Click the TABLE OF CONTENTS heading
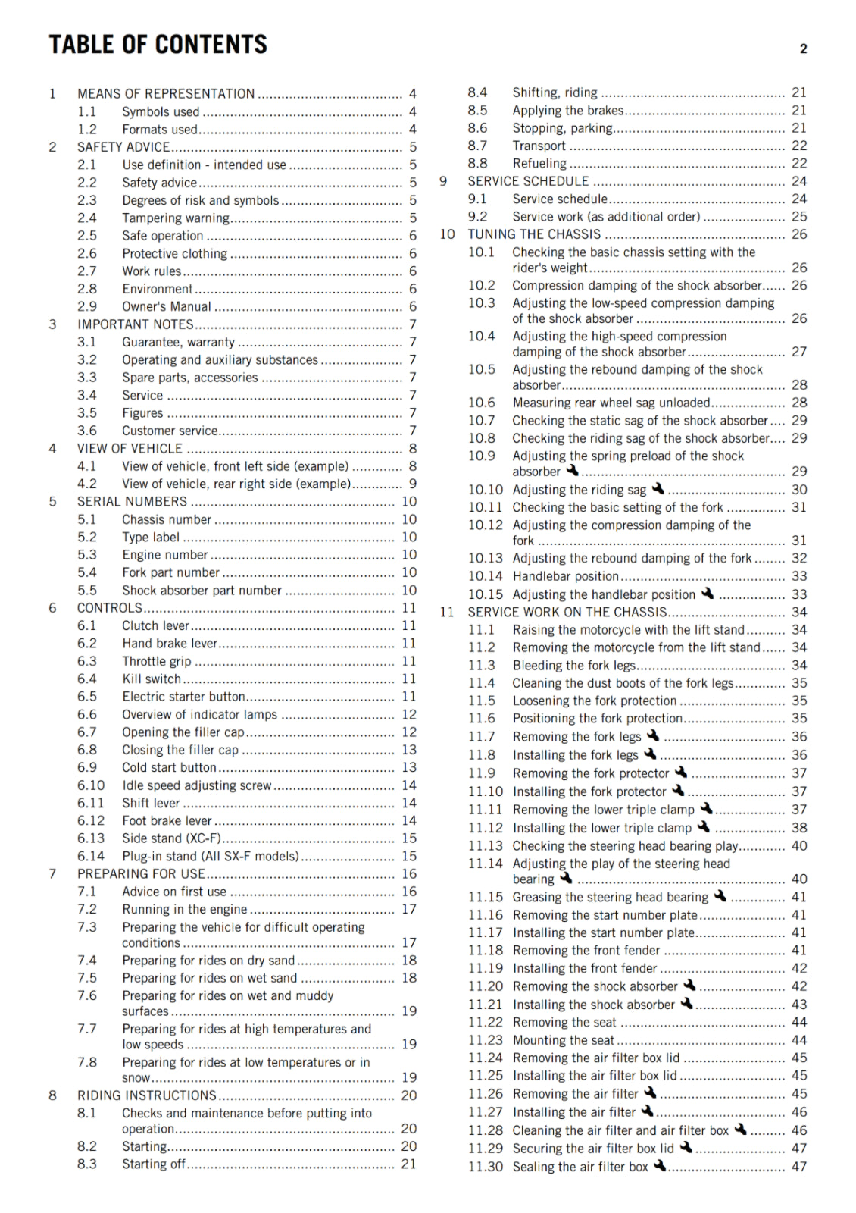[158, 45]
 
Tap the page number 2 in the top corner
[803, 49]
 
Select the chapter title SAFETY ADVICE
[123, 147]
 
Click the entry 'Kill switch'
[152, 679]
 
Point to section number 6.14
[91, 856]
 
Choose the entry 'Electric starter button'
[184, 697]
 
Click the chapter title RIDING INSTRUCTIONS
[147, 1095]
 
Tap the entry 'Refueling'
[539, 164]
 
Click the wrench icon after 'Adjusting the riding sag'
[658, 489]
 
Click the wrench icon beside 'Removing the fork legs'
[652, 735]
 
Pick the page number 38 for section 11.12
[799, 828]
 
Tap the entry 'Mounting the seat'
[564, 1040]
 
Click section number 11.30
[485, 1167]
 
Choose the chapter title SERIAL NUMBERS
[132, 502]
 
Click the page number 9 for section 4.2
[413, 484]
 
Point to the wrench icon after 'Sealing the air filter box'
[660, 1165]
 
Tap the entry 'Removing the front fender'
[586, 951]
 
